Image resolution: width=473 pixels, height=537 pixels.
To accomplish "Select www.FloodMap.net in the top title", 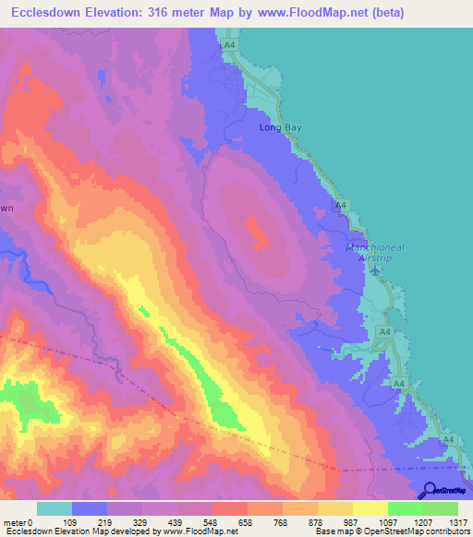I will [x=314, y=14].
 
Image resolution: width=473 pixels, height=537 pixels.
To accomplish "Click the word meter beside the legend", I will [x=15, y=522].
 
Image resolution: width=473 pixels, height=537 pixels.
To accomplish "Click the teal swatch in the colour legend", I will [x=55, y=508].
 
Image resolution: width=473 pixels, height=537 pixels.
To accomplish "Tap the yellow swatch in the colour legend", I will [x=370, y=508].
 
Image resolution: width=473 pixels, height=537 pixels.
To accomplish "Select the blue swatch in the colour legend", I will [x=89, y=508].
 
